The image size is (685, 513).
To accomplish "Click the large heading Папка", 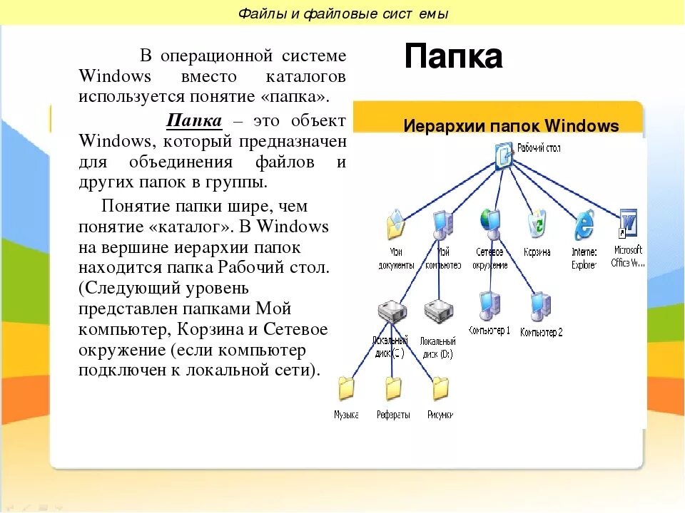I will [x=453, y=56].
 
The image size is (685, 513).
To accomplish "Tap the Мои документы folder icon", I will [x=395, y=226].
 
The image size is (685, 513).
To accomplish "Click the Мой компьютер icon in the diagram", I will [x=442, y=225].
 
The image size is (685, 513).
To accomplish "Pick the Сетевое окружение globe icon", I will [x=490, y=224].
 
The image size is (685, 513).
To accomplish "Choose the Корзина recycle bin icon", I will [x=537, y=225].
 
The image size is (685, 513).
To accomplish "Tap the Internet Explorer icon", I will [x=584, y=225].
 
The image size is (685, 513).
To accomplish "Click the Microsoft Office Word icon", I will [x=628, y=224].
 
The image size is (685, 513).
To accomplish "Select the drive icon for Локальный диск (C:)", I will [x=391, y=312].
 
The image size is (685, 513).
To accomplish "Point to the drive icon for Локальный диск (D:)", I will [x=438, y=311].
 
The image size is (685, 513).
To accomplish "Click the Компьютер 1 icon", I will [x=489, y=304].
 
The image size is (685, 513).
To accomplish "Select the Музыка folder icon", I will [x=346, y=388].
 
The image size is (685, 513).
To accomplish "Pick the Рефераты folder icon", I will [x=393, y=388].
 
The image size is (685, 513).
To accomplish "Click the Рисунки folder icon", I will [x=440, y=388].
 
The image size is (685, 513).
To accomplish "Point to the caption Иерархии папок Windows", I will [x=511, y=126].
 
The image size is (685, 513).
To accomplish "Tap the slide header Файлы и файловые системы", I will [x=342, y=14].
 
